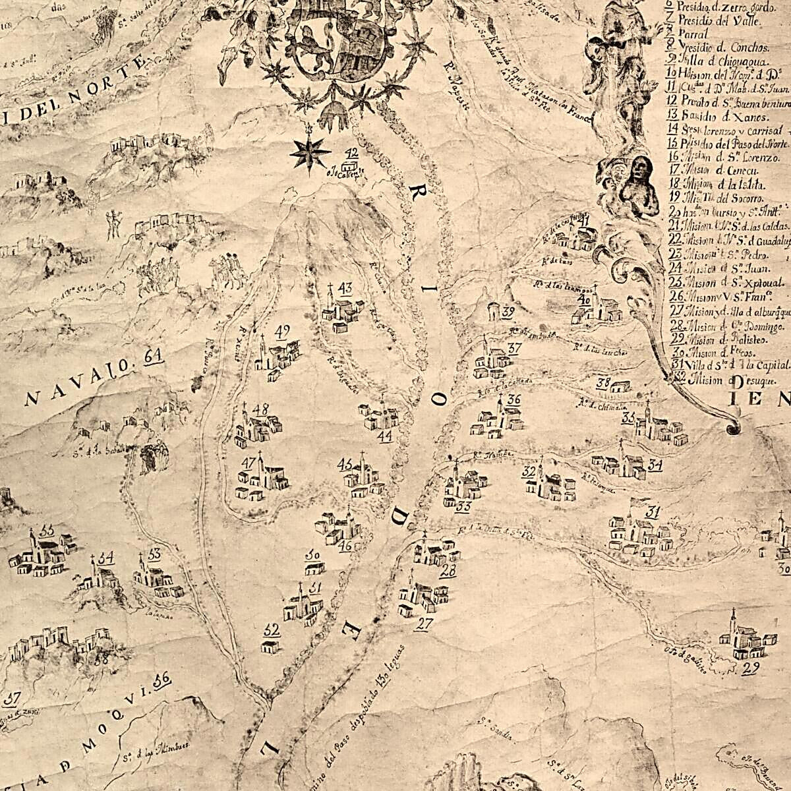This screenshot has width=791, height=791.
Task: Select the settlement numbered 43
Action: (342, 310)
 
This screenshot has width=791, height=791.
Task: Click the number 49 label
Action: (283, 331)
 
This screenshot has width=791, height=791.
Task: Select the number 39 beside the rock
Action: (508, 312)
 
